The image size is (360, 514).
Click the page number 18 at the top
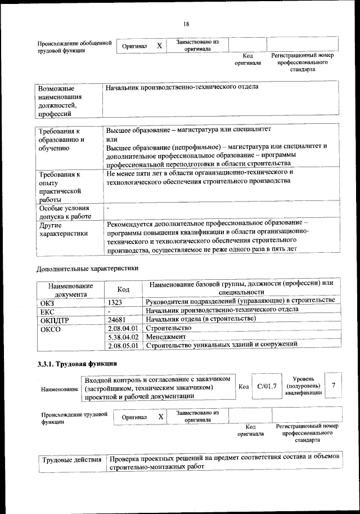[186, 23]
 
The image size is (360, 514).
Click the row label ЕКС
[47, 311]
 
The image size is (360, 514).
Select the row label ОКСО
[51, 328]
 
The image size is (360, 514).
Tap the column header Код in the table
[123, 289]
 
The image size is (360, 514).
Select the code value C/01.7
[267, 386]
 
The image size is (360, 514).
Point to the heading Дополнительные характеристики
[87, 269]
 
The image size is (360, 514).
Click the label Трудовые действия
[71, 460]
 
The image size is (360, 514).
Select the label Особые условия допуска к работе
[65, 212]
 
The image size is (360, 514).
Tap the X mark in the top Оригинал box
[159, 46]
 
